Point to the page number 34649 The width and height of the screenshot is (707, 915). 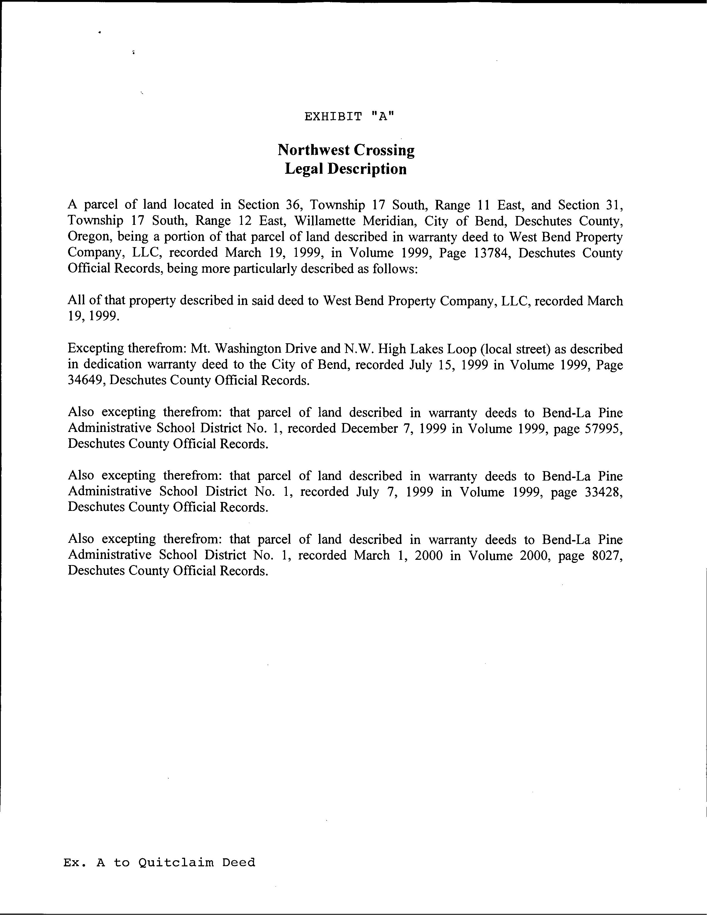[84, 381]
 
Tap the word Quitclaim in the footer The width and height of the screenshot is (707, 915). [176, 863]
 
